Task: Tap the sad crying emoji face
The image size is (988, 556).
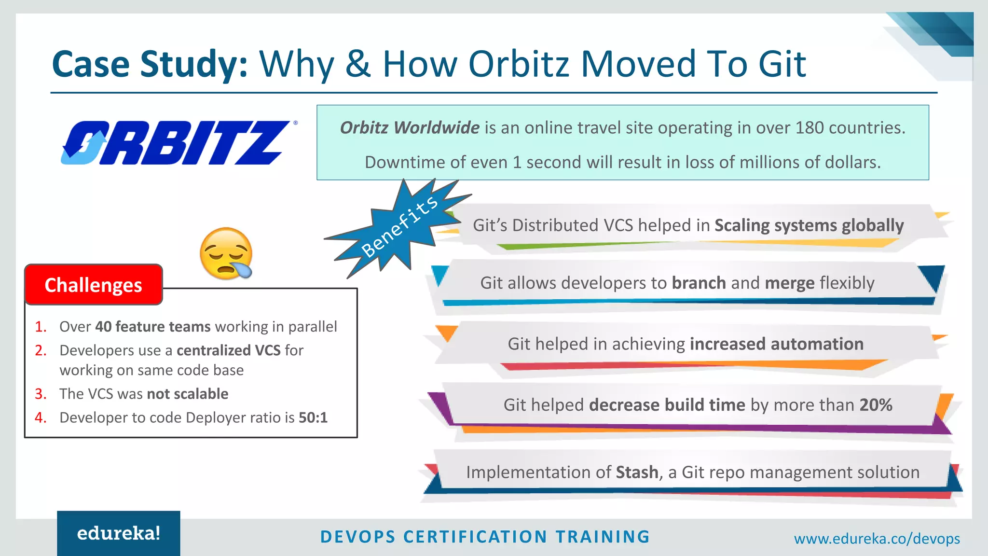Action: [226, 253]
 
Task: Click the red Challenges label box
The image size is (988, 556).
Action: [94, 285]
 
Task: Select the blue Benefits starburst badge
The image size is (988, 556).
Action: [398, 227]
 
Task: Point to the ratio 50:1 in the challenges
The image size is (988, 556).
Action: [313, 417]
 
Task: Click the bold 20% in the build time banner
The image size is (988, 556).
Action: [875, 405]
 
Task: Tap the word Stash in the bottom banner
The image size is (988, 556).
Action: [637, 472]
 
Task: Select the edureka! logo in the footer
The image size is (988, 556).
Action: [119, 533]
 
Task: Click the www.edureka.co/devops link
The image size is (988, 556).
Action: [877, 539]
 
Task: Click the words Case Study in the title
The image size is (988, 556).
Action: [150, 64]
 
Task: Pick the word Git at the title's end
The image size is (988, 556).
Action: [782, 64]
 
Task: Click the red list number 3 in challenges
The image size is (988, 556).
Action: [41, 394]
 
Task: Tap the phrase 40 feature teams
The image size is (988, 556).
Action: [153, 327]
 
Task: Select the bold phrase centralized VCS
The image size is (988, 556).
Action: [228, 350]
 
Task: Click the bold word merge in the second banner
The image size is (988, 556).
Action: [789, 283]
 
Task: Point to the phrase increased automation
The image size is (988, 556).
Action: [776, 344]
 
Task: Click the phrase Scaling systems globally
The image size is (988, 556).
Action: [809, 225]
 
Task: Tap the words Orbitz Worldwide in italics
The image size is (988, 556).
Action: [410, 128]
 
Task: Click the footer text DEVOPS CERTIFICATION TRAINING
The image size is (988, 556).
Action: [485, 537]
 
